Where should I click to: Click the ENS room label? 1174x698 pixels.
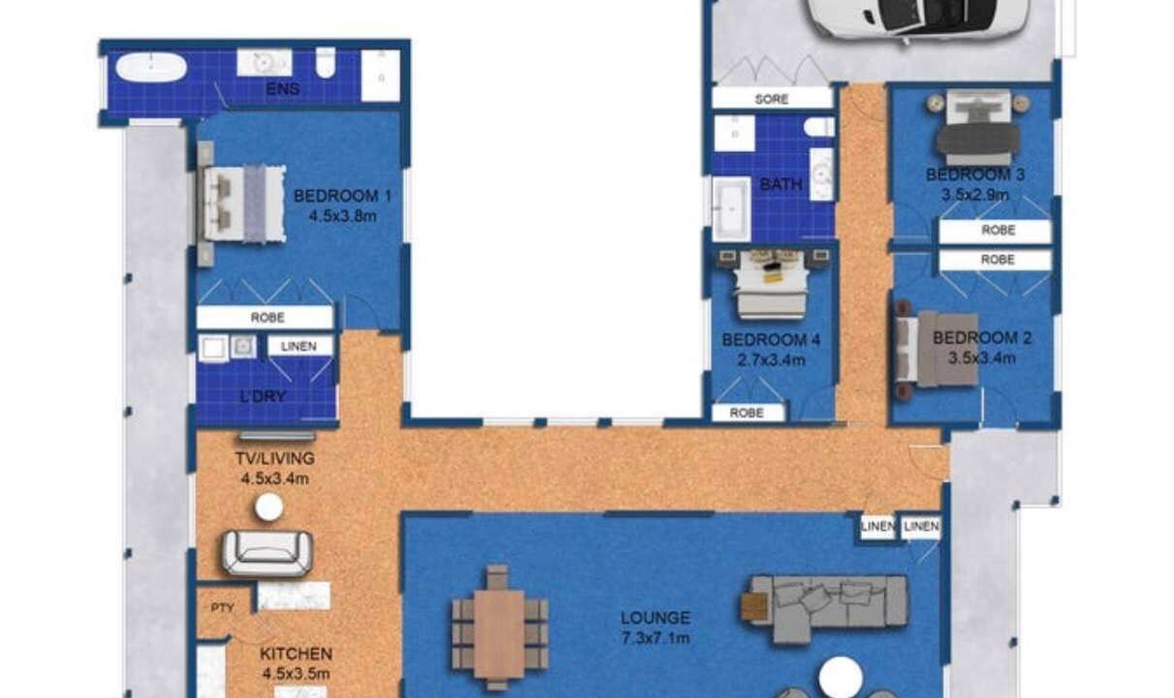[x=283, y=88]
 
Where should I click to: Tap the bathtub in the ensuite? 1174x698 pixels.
[x=151, y=68]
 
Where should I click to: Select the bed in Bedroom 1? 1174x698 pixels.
[x=242, y=204]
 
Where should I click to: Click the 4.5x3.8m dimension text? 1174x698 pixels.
[x=342, y=216]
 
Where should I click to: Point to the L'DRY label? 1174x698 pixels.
[x=263, y=397]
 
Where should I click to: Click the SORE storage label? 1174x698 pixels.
[x=772, y=99]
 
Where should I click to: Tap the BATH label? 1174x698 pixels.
[x=781, y=184]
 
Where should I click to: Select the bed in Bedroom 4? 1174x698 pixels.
[x=771, y=283]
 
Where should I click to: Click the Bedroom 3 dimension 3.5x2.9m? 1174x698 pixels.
[x=975, y=195]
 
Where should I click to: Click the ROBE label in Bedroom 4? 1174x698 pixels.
[x=746, y=413]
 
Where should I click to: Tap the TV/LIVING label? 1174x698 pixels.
[x=274, y=459]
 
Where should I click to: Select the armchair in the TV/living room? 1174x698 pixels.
[x=268, y=553]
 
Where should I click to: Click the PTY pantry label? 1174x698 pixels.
[x=222, y=608]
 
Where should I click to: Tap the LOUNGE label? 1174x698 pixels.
[x=655, y=618]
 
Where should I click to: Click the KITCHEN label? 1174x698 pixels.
[x=296, y=654]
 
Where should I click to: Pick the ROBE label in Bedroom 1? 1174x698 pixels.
[x=268, y=318]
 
